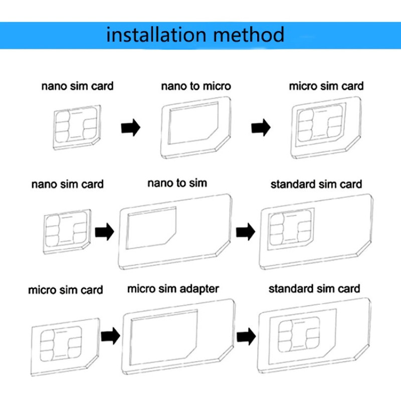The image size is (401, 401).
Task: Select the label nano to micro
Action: [x=195, y=86]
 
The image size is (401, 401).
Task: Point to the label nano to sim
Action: [x=177, y=183]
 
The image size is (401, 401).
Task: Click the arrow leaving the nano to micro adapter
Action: [x=261, y=127]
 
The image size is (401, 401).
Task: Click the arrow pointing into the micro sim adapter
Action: [x=110, y=335]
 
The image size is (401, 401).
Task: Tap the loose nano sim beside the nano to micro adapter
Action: [x=77, y=127]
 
